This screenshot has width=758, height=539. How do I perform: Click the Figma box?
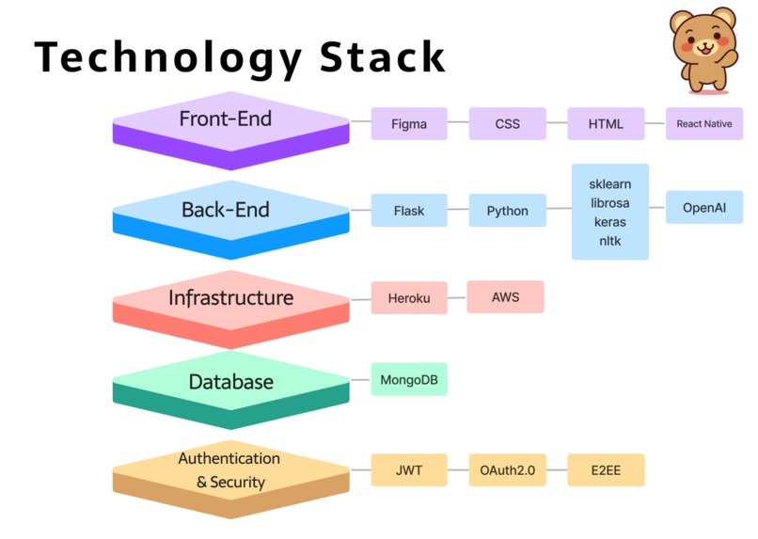[x=409, y=124]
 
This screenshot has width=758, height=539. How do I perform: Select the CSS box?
[x=508, y=124]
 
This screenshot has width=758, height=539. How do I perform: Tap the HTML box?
[x=606, y=124]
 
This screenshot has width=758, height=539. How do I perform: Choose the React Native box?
[x=704, y=124]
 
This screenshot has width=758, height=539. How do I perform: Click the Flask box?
[x=409, y=211]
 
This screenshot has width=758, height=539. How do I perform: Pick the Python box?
[x=508, y=211]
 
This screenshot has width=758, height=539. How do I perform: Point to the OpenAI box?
[x=704, y=207]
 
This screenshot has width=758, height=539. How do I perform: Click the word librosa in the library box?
[x=610, y=203]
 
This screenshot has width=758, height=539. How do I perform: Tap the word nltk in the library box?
[x=610, y=241]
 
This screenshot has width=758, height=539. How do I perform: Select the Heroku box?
[x=409, y=298]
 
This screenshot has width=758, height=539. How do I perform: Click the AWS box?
[x=506, y=297]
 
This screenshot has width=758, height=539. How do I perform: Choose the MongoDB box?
[x=409, y=379]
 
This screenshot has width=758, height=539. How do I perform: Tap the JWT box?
[x=409, y=470]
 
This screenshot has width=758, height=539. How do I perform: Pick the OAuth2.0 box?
[x=508, y=470]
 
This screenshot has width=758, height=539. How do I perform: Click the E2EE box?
[x=606, y=470]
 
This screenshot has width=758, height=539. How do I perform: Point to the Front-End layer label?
[x=226, y=119]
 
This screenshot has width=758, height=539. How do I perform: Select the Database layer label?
[x=231, y=382]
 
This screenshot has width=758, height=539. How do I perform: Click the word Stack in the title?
[x=382, y=57]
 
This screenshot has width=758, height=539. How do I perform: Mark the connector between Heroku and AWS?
[x=457, y=297]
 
